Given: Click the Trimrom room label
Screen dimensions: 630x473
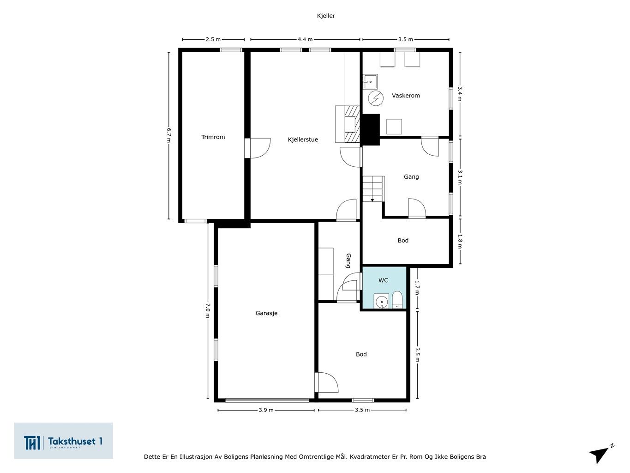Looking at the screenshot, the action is [213, 137].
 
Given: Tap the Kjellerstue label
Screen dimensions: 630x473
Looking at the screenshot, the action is [303, 139].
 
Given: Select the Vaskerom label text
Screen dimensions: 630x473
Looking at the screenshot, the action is [406, 96].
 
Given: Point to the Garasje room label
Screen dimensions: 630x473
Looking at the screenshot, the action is [266, 313].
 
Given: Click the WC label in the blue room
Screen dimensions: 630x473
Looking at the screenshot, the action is [383, 280].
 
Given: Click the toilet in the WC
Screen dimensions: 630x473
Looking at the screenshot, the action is [397, 300].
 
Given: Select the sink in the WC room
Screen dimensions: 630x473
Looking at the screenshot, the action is [381, 301].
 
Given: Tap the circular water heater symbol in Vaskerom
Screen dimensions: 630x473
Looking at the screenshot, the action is [376, 98].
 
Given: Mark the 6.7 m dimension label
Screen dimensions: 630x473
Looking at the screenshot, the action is [169, 135].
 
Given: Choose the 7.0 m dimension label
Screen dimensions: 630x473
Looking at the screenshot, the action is [208, 311].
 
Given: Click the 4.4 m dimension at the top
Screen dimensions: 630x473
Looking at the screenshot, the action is [305, 39].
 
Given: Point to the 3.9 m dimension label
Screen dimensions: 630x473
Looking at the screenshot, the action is [266, 410].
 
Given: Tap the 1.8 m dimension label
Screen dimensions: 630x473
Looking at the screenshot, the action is [460, 242].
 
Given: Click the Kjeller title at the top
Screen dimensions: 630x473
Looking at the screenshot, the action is [326, 16].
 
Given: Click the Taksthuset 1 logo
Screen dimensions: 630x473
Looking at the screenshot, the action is [63, 441].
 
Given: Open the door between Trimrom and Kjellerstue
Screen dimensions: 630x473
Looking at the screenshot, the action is [258, 148].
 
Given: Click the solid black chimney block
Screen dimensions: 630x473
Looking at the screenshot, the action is [370, 129].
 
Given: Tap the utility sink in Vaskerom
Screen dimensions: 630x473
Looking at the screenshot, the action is [370, 82].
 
